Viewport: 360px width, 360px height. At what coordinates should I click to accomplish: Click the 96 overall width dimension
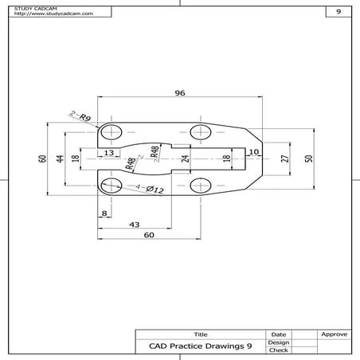tap(179, 93)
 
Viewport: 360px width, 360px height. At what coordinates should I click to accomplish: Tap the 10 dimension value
tap(253, 151)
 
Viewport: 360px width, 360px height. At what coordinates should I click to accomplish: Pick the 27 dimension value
tap(285, 158)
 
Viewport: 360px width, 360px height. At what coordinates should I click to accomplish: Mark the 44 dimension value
tap(60, 158)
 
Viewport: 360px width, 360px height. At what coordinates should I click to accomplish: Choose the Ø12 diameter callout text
tap(154, 190)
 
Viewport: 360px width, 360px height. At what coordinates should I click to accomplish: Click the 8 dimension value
tap(104, 213)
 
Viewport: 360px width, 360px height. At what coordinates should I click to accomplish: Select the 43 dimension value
tap(135, 225)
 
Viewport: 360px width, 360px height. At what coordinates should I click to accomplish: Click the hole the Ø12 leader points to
tap(112, 186)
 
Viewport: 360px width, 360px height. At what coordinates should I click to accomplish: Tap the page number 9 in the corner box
tap(338, 12)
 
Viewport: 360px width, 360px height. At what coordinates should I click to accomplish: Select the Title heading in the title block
tap(200, 334)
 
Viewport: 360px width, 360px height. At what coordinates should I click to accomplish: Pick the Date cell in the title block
tap(278, 334)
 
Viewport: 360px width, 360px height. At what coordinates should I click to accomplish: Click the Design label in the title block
tap(278, 342)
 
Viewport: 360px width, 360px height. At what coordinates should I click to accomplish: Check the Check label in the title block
tap(278, 350)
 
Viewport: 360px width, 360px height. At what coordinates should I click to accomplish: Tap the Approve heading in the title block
tap(332, 334)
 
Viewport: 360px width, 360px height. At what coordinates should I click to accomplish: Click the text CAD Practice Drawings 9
tap(200, 346)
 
